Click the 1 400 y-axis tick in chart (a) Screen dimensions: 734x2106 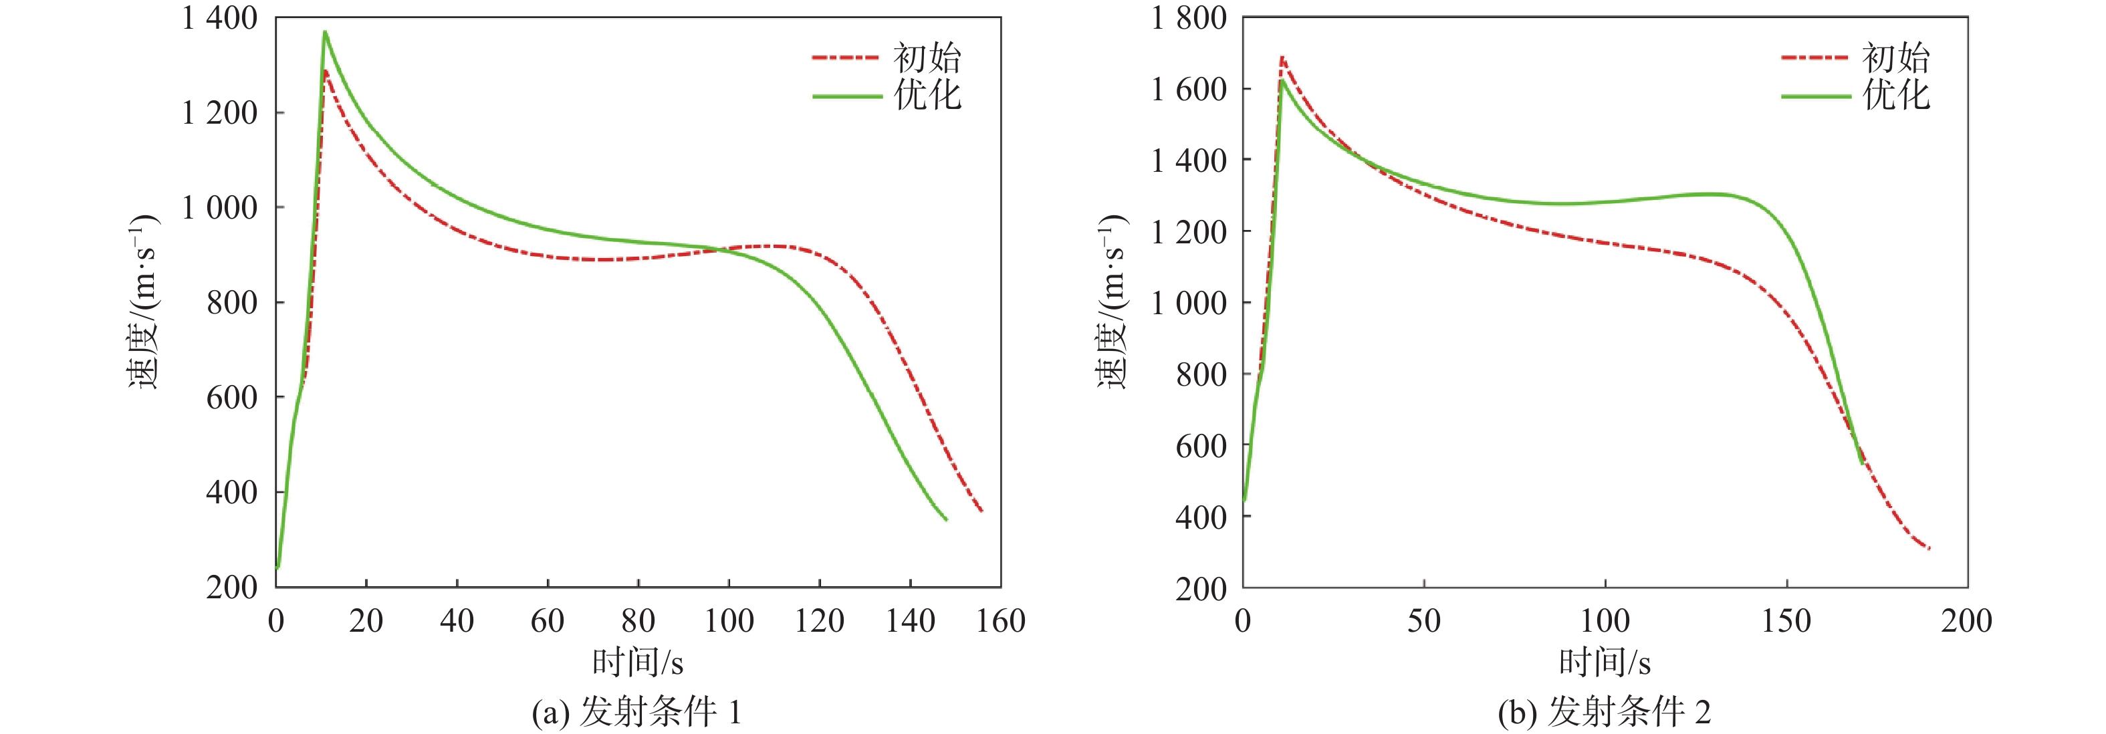[x=219, y=18]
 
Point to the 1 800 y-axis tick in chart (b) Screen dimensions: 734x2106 [x=1189, y=18]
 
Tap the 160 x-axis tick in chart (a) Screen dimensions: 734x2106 [x=1001, y=621]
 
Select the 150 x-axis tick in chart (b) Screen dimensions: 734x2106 [x=1786, y=621]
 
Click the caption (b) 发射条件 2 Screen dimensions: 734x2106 [x=1604, y=713]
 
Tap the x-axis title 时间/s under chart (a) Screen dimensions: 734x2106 [x=638, y=662]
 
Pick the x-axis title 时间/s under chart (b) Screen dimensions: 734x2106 [x=1605, y=662]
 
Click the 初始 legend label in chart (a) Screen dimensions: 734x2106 [x=927, y=58]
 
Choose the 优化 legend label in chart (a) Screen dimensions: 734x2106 [x=927, y=96]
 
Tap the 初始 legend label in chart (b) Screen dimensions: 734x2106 [x=1896, y=58]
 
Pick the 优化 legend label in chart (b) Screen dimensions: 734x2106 [x=1896, y=96]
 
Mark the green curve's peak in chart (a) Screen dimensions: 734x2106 [x=324, y=32]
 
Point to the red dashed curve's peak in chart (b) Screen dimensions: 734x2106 [x=1282, y=57]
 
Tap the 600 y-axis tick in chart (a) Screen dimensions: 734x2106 [x=231, y=397]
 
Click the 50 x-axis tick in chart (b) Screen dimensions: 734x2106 [x=1424, y=621]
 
